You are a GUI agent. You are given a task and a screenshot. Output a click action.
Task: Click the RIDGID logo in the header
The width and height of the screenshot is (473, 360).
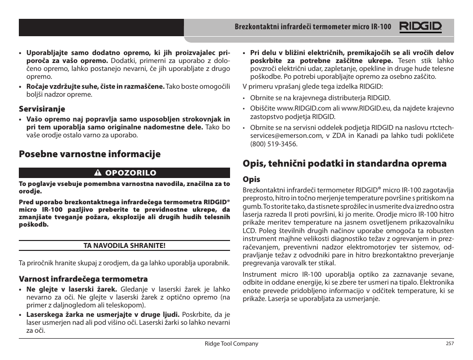pos(421,27)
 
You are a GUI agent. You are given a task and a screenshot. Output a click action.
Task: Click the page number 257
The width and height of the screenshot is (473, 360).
pos(450,344)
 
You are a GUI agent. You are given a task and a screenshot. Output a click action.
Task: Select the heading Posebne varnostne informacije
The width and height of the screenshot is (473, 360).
pos(90,154)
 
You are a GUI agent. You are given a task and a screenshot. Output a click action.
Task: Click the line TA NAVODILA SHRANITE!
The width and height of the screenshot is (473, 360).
pos(124,245)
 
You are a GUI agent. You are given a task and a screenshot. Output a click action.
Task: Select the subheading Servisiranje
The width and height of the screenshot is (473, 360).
pos(42,109)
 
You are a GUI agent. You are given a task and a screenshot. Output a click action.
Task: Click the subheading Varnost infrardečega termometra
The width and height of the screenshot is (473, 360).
pos(83,279)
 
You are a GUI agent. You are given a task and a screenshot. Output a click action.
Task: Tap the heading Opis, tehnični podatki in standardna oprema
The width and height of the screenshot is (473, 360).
pos(344,163)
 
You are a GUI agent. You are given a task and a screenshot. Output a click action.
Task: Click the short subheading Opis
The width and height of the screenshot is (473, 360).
pos(251,179)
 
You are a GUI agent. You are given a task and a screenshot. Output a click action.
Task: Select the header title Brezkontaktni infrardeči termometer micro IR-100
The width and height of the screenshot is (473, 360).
pos(312,27)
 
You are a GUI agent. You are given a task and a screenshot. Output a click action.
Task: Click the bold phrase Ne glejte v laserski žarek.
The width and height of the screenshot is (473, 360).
pos(72,289)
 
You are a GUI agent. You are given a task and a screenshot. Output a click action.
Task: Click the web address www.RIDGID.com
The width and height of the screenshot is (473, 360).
pos(304,108)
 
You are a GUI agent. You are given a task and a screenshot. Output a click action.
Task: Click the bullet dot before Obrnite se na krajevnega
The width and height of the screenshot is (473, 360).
pos(245,98)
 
